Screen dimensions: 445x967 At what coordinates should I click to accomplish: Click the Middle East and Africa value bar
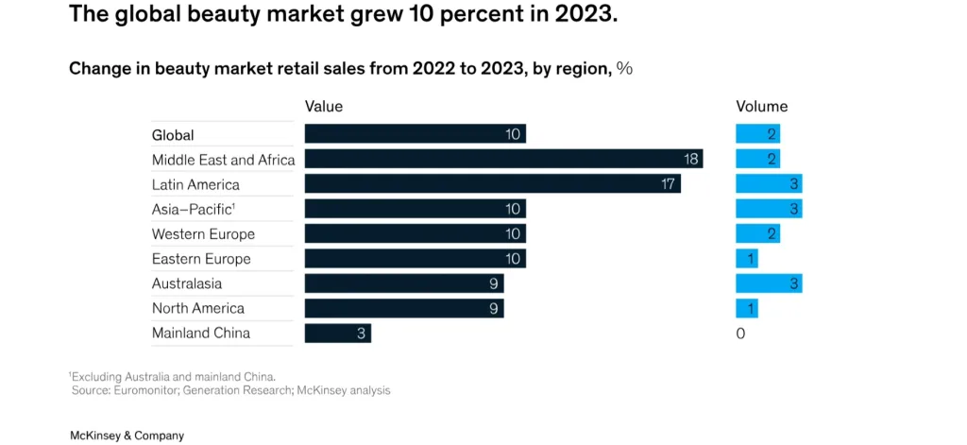click(x=503, y=160)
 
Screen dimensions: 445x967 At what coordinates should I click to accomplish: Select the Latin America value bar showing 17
click(x=492, y=184)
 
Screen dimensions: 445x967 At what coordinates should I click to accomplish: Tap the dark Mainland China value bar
click(x=337, y=333)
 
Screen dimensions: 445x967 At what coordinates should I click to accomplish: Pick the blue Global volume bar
click(x=757, y=135)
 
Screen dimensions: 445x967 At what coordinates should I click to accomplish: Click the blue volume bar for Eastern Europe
click(x=746, y=259)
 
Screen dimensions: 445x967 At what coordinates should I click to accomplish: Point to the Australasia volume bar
click(x=769, y=283)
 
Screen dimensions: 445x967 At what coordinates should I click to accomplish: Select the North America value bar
click(x=403, y=308)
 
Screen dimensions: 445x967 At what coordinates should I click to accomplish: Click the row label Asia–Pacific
click(x=193, y=209)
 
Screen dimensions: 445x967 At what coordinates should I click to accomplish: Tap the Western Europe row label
click(x=203, y=234)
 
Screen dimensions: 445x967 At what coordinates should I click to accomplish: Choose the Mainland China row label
click(x=201, y=333)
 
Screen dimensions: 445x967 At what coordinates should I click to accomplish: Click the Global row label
click(x=173, y=135)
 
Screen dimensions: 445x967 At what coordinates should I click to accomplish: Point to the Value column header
click(x=324, y=107)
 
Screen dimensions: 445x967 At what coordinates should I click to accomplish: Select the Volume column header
click(x=761, y=107)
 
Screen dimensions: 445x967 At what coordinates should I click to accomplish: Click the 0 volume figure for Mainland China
click(x=740, y=334)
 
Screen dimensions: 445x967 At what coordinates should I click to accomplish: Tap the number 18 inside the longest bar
click(x=690, y=160)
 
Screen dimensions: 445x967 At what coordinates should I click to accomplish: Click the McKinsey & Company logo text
click(x=127, y=436)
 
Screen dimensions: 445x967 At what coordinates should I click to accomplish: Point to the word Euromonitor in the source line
click(x=147, y=390)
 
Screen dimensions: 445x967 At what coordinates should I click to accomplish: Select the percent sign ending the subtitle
click(x=624, y=68)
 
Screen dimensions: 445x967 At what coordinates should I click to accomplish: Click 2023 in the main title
click(x=578, y=15)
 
